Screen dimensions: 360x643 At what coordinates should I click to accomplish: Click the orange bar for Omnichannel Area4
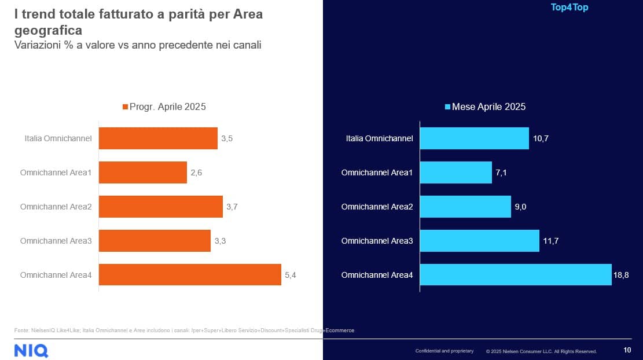coord(190,275)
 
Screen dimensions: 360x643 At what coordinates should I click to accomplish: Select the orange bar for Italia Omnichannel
coord(158,138)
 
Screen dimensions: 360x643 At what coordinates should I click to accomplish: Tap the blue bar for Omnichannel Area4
coord(515,275)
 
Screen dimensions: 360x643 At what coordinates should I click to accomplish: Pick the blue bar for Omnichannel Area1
coord(455,172)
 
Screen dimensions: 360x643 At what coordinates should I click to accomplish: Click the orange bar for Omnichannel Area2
coord(161,207)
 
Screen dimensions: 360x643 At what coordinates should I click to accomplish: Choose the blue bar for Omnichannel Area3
coord(479,241)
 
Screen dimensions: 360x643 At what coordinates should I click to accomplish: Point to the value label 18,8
coord(620,275)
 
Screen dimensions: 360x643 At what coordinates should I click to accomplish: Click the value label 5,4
coord(291,275)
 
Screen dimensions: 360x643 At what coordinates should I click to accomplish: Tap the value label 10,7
coord(540,139)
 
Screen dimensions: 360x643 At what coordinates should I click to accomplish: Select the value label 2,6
coord(196,173)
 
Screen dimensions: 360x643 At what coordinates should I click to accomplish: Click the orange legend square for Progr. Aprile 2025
coord(124,107)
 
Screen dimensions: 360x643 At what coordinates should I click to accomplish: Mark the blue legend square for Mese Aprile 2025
coord(447,107)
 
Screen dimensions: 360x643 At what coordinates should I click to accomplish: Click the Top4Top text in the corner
coord(569,8)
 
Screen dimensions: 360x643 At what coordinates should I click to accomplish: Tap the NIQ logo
coord(31,350)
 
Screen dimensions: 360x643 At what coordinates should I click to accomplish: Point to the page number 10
coord(627,350)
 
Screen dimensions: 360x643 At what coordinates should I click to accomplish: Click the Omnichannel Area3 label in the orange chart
coord(56,241)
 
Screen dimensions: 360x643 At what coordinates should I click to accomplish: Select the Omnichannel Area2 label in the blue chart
coord(377,207)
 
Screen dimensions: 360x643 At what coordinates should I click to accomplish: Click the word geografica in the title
coord(48,30)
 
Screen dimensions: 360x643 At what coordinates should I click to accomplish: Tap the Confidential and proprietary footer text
coord(444,351)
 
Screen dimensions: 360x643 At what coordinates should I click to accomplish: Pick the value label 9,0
coord(520,207)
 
